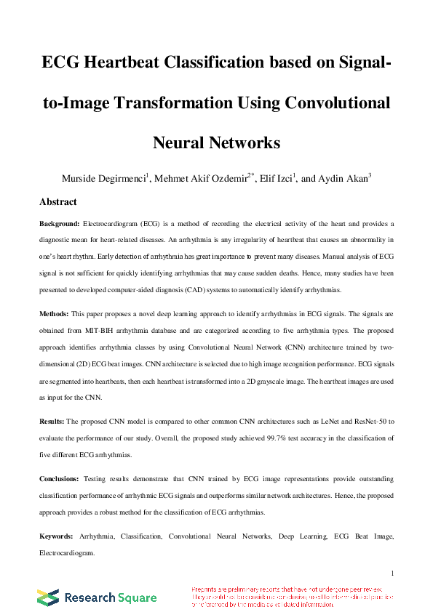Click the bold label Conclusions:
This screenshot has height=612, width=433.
click(60, 478)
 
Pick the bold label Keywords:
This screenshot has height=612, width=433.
click(56, 536)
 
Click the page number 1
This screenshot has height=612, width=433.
click(392, 573)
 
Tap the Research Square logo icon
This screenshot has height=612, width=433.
click(49, 597)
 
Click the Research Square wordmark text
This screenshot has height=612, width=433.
click(111, 597)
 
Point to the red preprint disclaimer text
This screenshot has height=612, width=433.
click(291, 596)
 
